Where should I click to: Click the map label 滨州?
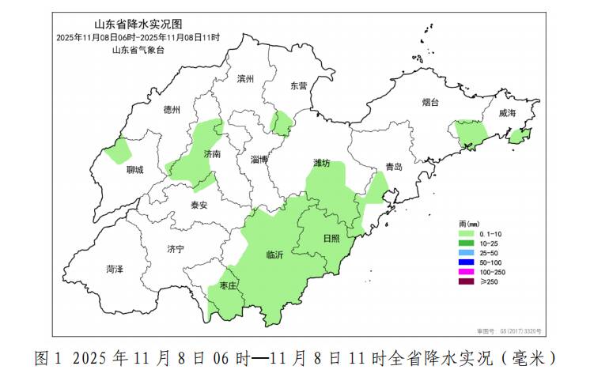point(246,79)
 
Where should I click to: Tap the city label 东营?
point(298,85)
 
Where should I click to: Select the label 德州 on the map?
point(172,110)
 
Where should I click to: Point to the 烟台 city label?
point(430,103)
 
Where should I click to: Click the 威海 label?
point(507,114)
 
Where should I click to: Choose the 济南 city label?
point(212,154)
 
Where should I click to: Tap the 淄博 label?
point(259,160)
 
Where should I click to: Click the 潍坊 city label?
point(321,163)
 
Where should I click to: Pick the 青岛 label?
point(394,167)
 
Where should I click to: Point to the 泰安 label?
point(199,205)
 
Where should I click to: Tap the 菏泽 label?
point(115,270)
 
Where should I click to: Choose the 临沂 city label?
point(274,255)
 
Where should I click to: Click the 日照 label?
point(331,238)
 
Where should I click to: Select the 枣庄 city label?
point(229,285)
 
